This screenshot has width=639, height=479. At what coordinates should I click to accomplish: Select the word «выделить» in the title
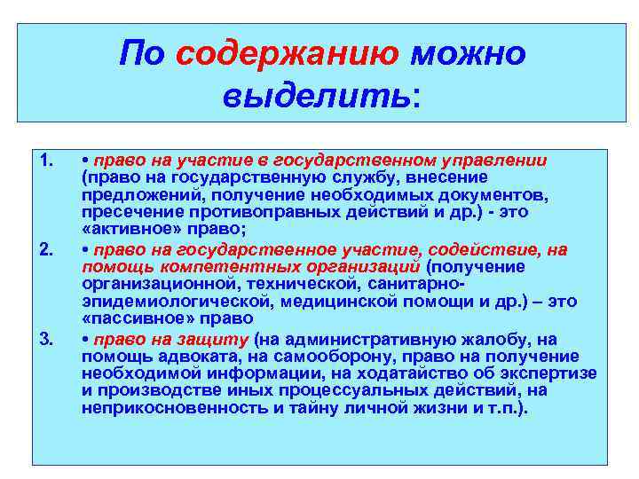click(x=317, y=92)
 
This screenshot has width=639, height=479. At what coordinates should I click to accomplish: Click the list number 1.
click(x=48, y=161)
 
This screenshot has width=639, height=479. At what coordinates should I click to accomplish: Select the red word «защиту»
click(x=221, y=338)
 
